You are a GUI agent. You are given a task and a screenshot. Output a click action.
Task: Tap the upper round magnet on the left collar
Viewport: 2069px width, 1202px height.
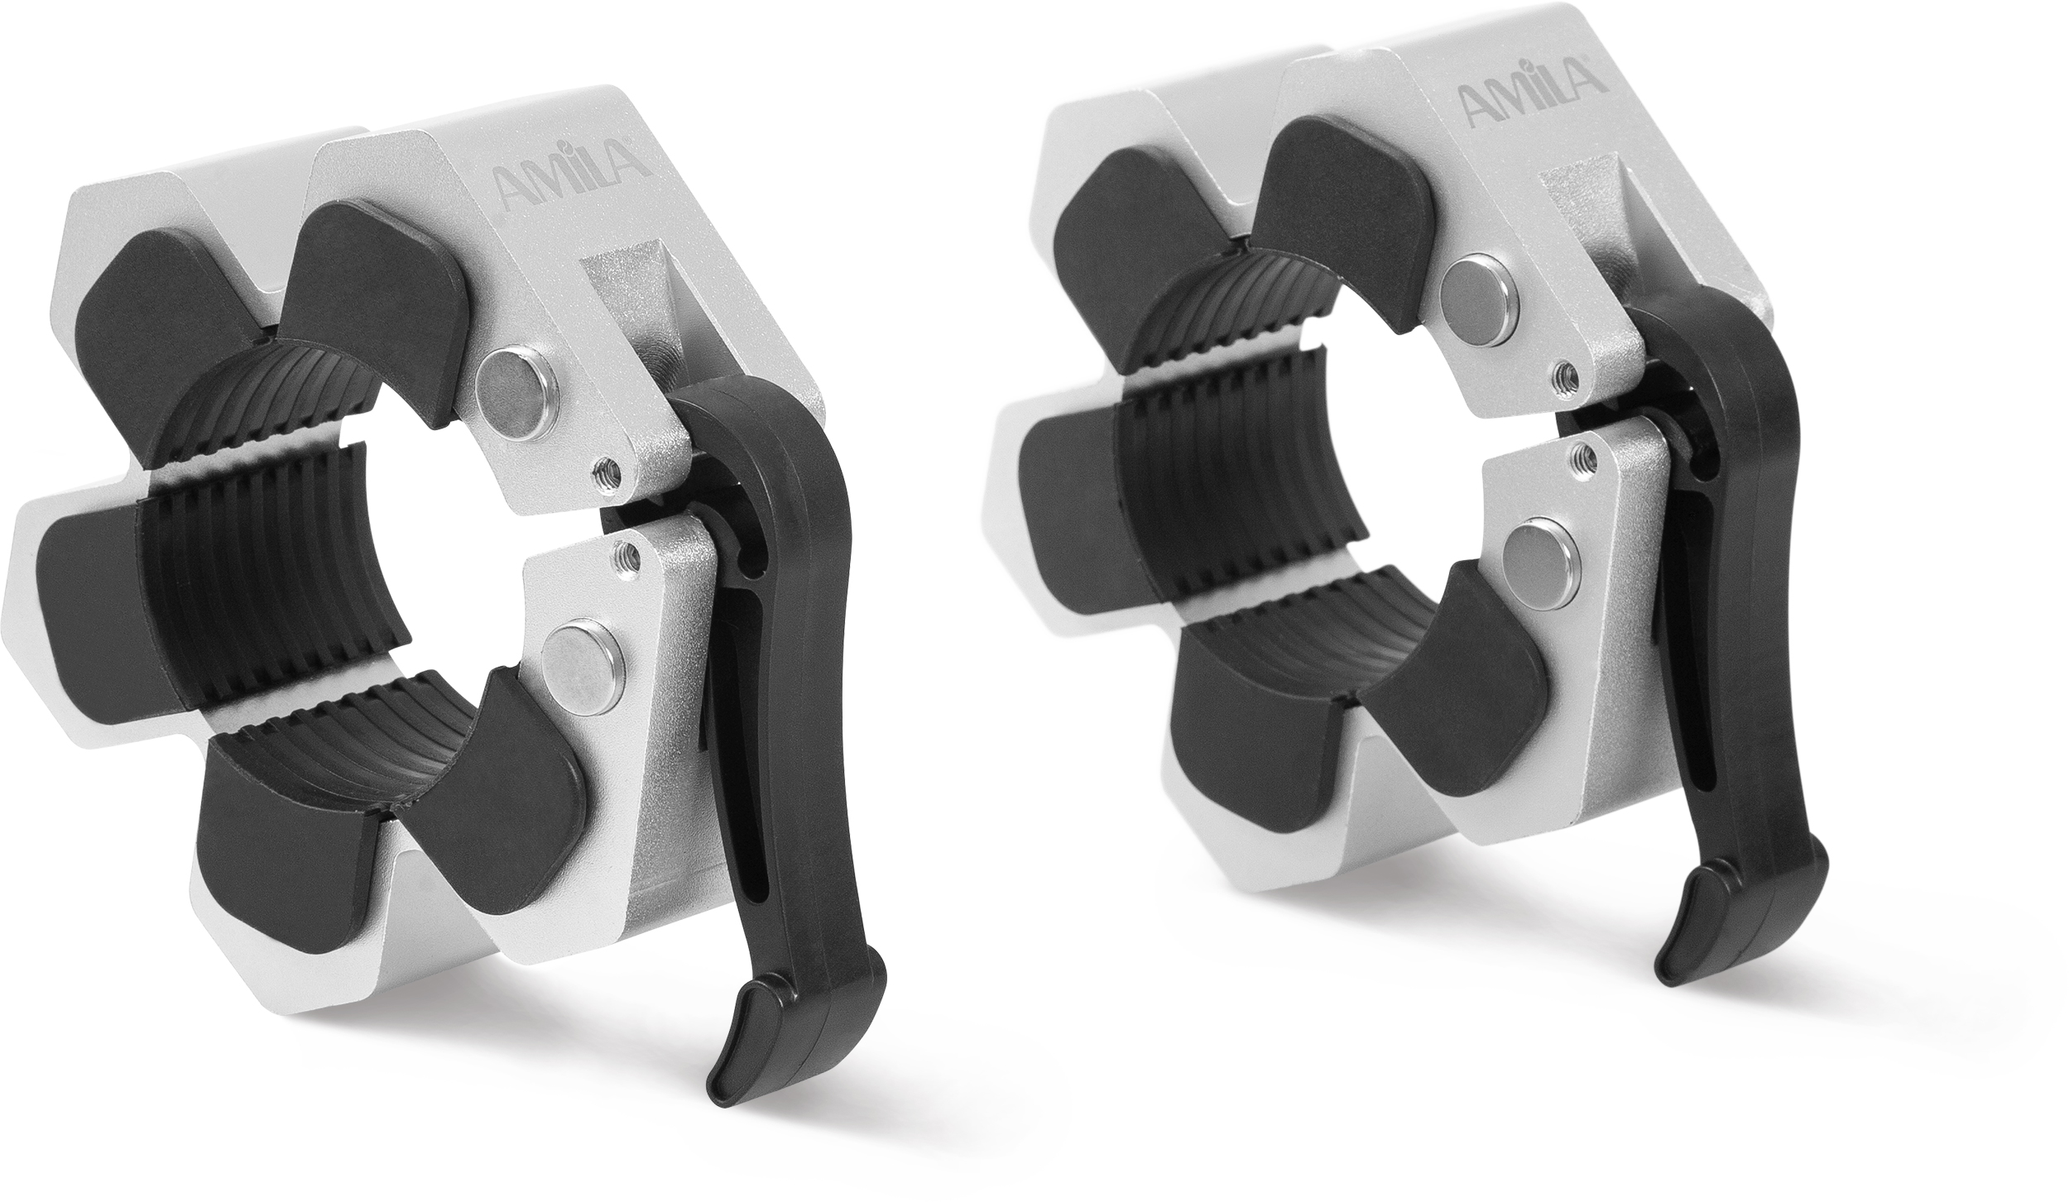click(516, 401)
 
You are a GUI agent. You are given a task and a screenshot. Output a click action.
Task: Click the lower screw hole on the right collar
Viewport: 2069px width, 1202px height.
click(1582, 453)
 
